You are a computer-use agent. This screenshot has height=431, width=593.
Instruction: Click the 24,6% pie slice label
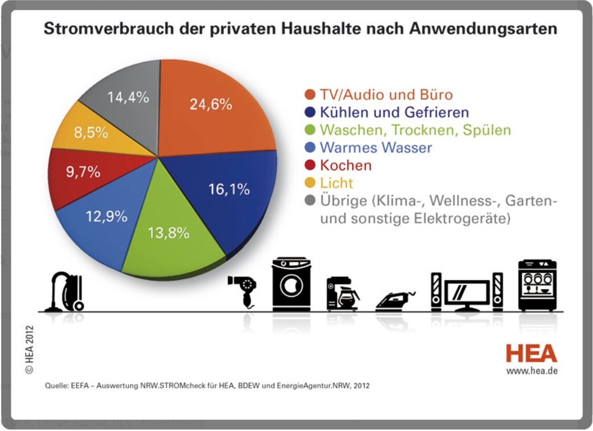click(211, 105)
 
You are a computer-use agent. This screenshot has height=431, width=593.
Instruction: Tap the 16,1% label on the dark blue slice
click(229, 189)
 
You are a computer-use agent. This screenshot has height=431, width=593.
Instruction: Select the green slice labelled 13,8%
click(168, 233)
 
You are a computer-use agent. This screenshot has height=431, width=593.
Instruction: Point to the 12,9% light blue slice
click(107, 216)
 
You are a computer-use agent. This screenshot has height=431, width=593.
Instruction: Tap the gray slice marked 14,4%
click(128, 97)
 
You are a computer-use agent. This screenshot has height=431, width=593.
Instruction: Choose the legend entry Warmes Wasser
click(376, 148)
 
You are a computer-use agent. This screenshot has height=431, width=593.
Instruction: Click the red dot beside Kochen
click(310, 166)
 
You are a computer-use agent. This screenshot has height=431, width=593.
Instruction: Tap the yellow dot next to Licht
click(310, 184)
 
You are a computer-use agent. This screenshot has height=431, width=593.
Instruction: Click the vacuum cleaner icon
click(67, 292)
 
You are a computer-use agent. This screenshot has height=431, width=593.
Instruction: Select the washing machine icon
click(291, 284)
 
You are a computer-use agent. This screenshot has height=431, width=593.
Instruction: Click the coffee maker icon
click(342, 293)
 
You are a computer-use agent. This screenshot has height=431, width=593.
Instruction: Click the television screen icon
click(467, 293)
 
